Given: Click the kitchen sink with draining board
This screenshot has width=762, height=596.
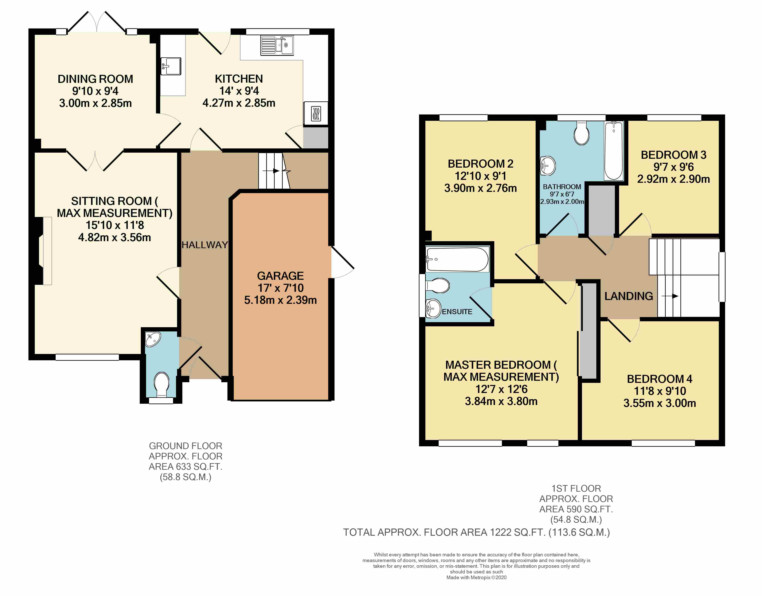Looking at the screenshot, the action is (x=277, y=46).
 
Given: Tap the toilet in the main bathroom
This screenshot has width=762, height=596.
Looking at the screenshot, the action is (x=581, y=133).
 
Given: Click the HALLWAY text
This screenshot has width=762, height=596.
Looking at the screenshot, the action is (x=205, y=245).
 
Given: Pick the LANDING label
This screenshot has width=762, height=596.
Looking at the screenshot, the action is (x=629, y=296).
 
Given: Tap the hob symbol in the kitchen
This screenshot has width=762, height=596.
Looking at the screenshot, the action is (x=316, y=113).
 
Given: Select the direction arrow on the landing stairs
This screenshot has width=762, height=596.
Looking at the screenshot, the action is (x=670, y=296).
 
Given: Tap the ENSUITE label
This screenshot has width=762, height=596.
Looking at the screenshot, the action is (x=457, y=312).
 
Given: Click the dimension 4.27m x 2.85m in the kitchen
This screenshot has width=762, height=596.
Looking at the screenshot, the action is (x=239, y=103).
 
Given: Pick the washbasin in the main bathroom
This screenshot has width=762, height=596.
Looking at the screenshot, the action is (x=548, y=166).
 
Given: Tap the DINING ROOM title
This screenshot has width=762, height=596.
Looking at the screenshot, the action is (x=95, y=79).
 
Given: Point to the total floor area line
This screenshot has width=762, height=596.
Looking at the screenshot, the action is (x=477, y=533).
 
